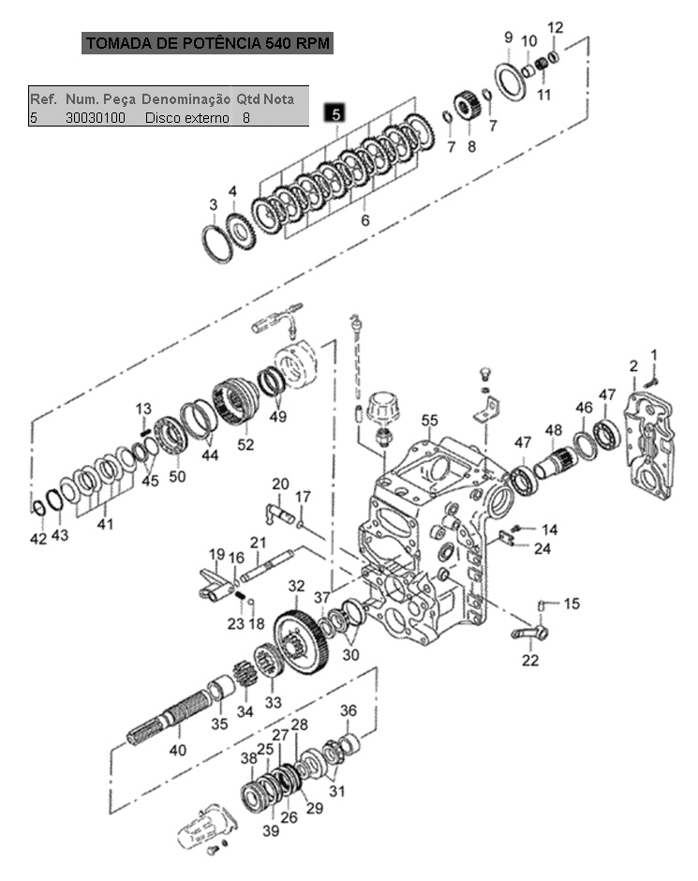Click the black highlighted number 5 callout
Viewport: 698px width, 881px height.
335,113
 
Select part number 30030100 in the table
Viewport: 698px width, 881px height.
96,118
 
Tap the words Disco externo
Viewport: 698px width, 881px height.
187,118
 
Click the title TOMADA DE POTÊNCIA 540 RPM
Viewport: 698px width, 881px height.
208,43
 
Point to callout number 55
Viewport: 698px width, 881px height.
430,420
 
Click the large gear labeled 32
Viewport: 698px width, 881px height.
302,640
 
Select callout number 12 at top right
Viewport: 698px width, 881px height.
555,27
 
